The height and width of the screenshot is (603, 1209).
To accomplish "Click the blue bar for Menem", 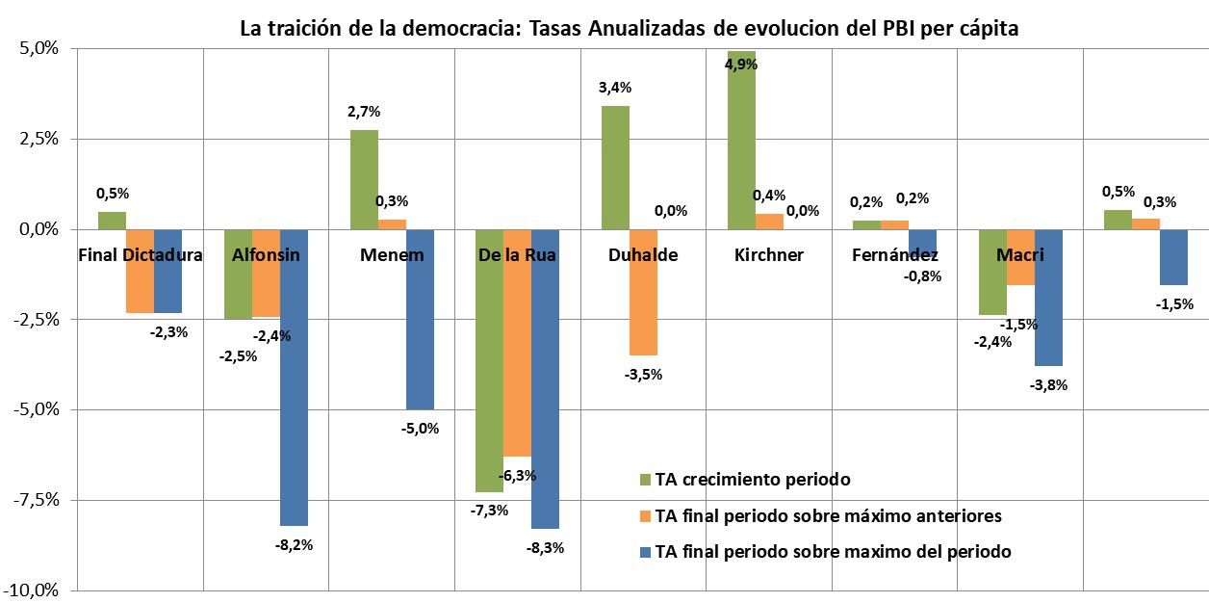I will click(x=420, y=319).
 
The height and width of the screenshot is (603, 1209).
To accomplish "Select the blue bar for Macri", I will click(x=1049, y=298).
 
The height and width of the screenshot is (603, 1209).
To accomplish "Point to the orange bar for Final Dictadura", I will click(x=141, y=271).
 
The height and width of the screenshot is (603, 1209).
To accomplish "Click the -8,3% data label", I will click(x=545, y=548).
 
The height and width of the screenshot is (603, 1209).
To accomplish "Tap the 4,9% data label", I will click(x=741, y=65).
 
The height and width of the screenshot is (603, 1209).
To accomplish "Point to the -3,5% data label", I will click(x=643, y=375).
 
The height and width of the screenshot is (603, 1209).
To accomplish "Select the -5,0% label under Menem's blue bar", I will click(x=420, y=429).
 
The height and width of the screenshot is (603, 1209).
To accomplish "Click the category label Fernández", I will click(x=895, y=256).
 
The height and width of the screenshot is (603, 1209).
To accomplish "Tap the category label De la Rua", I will click(x=517, y=256).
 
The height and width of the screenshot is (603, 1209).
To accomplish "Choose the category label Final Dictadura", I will click(x=141, y=256).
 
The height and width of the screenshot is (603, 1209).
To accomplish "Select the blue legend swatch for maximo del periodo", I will click(x=646, y=553).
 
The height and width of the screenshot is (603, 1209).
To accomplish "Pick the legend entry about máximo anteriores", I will click(x=828, y=516).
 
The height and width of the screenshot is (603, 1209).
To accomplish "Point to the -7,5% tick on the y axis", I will click(x=35, y=500).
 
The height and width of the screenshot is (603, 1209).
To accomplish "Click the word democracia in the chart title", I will click(x=452, y=29).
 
